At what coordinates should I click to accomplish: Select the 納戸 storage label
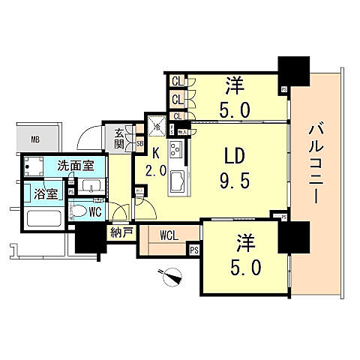(121, 232)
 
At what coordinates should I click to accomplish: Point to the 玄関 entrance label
(120, 139)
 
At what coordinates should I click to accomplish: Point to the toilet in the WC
(78, 213)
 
